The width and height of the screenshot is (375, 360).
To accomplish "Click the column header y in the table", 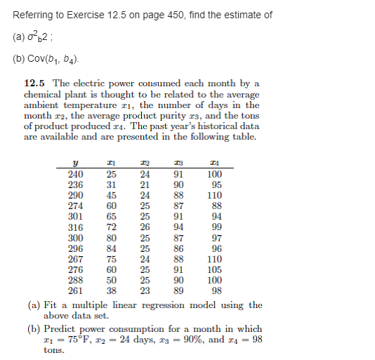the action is [75, 164].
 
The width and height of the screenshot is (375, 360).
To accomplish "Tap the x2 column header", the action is [144, 164].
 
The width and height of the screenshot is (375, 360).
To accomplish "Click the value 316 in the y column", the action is [75, 227].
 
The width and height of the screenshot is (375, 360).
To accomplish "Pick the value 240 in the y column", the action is [75, 175].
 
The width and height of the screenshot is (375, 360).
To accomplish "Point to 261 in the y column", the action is [75, 291].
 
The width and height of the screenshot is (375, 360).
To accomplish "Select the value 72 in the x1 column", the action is [111, 227].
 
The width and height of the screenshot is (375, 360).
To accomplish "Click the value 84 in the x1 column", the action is [111, 248].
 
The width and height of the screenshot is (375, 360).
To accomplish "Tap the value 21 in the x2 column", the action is [145, 185].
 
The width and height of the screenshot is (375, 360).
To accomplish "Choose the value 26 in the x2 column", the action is [145, 227].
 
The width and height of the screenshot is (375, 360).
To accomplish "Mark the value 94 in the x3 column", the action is [179, 227].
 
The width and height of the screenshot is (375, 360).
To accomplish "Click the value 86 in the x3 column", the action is [179, 248].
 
